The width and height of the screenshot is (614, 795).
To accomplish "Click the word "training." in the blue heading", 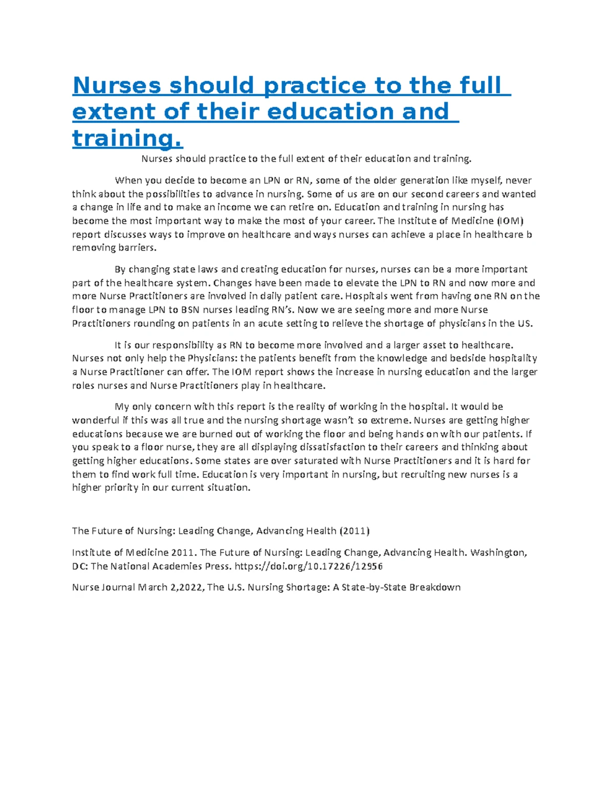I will coord(127,138).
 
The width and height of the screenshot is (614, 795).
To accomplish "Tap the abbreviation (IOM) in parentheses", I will coord(510,221).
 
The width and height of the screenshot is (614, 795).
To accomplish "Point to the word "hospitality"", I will coord(513,358).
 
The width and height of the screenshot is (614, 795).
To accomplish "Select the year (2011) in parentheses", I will coord(354,531).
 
